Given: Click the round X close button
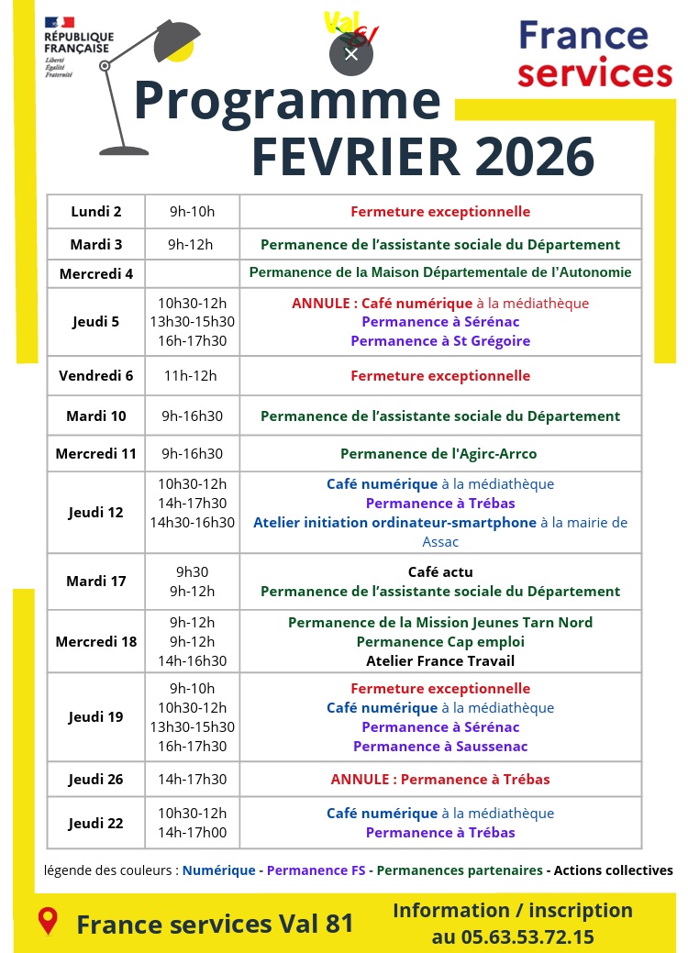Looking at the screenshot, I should click(x=351, y=54).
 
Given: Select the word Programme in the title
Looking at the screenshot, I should click(x=287, y=101).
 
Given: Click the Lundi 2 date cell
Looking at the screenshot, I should click(x=96, y=212).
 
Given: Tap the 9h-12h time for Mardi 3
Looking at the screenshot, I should click(x=191, y=245).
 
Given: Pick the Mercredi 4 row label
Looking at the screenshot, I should click(x=96, y=273).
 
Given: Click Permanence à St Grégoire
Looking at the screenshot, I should click(x=440, y=341).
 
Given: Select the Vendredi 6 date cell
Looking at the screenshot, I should click(x=96, y=375).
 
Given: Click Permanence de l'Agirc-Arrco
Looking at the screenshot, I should click(x=438, y=454).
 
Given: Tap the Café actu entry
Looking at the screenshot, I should click(x=440, y=572).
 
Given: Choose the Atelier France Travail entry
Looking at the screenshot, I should click(x=440, y=661).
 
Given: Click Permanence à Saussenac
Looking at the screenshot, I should click(x=440, y=747).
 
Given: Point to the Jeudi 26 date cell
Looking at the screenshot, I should click(x=95, y=780).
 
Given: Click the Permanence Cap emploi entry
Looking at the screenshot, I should click(x=440, y=642).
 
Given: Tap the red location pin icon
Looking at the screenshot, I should click(x=47, y=921).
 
